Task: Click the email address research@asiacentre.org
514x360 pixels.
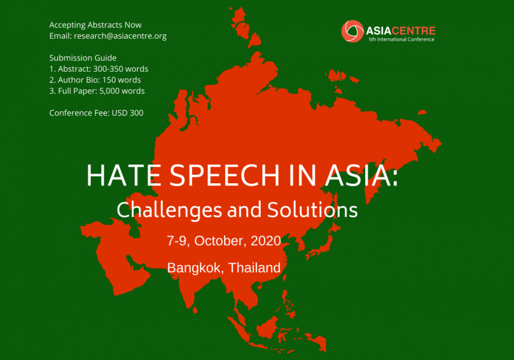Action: pos(120,36)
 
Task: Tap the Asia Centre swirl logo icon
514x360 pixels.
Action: pos(352,31)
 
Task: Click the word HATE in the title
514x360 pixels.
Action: pos(124,176)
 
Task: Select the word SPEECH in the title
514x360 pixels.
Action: pos(225,176)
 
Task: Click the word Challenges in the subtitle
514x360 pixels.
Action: pos(169,210)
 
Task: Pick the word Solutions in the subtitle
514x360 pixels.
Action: pos(312,210)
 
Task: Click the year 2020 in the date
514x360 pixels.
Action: pos(266,241)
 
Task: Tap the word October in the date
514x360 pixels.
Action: pos(220,241)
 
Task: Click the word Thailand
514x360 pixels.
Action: pos(254,268)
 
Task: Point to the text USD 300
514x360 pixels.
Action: pos(127,113)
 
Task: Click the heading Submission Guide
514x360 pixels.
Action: pos(83,57)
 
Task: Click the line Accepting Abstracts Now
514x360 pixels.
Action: pos(95,25)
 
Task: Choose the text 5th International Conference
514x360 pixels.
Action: pos(401,39)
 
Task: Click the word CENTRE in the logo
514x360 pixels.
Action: pos(414,31)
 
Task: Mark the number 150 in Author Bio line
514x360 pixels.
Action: pos(109,80)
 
